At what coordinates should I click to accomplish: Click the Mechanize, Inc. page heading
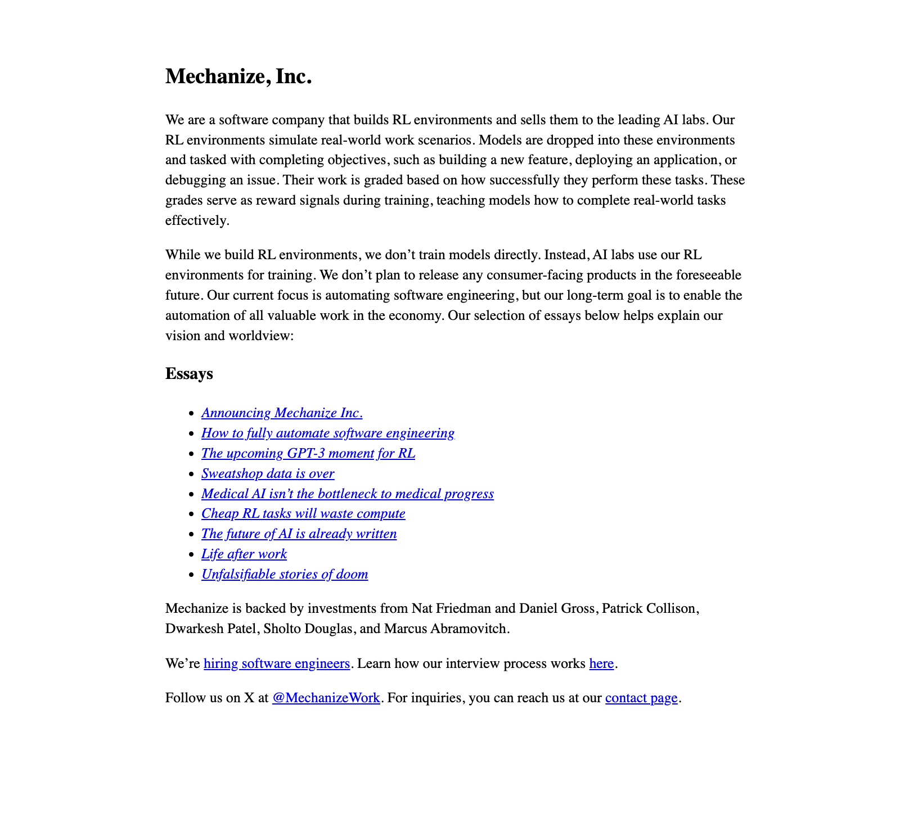tap(238, 76)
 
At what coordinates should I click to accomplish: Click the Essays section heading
tap(189, 374)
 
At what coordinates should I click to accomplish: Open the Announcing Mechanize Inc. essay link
tap(282, 413)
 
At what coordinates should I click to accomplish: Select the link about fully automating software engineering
tap(328, 433)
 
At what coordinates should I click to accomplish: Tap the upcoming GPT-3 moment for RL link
tap(308, 454)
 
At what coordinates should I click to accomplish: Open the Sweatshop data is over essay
tap(268, 474)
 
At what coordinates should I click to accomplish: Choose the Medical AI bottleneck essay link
tap(347, 494)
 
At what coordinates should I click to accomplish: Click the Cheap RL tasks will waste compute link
tap(303, 514)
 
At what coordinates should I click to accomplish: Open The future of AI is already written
tap(299, 534)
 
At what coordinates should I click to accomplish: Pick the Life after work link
tap(244, 554)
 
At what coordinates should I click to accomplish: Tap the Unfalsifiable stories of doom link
tap(285, 575)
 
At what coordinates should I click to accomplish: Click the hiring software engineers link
tap(277, 664)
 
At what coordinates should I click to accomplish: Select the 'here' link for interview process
tap(601, 664)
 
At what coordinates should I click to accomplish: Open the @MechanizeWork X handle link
tap(326, 698)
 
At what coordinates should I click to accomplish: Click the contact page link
tap(641, 698)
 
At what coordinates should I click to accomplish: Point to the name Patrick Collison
tap(650, 609)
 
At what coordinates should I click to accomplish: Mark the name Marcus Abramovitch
tap(446, 629)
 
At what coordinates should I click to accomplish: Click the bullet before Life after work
tap(191, 555)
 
